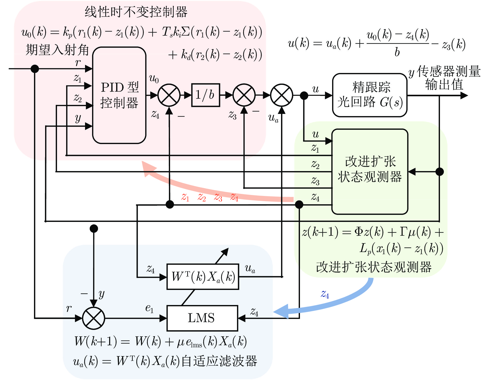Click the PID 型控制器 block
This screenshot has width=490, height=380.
coord(119,95)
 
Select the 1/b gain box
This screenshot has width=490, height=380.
coord(206,95)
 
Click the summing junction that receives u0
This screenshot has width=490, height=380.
coord(169,95)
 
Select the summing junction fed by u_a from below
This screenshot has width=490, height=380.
coord(282,95)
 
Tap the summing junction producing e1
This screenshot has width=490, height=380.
coord(94,318)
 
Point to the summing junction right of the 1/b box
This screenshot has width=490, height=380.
coord(244,95)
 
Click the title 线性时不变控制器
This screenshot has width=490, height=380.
coord(136,12)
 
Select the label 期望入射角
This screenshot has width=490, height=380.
coord(57,50)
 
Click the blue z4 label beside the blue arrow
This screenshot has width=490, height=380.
coord(325,294)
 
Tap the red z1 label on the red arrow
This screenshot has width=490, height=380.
coord(185,197)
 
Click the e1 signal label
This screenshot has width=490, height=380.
coord(149,308)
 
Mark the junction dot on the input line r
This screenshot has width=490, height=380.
coord(35,69)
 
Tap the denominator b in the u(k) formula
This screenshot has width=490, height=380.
coord(397,52)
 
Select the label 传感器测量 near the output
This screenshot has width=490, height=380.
coord(449,72)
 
